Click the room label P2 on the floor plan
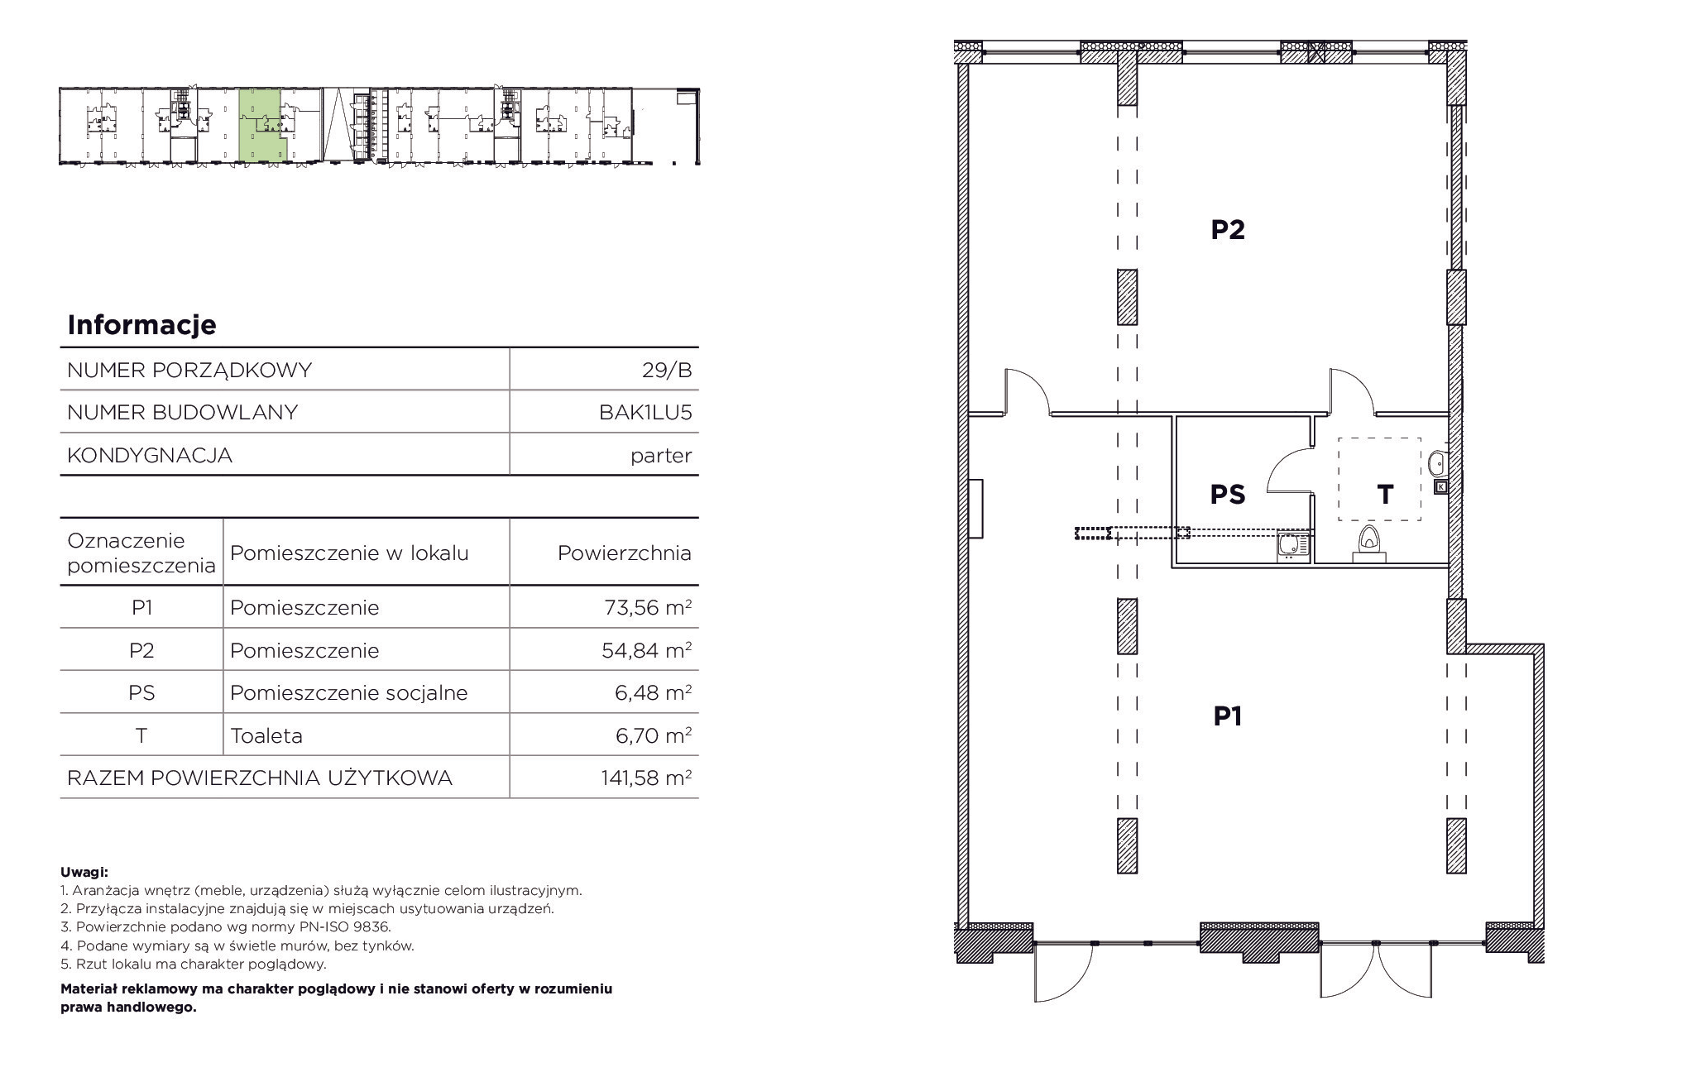(1228, 229)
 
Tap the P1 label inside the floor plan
(1228, 716)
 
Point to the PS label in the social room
(1228, 494)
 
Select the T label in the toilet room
(1385, 494)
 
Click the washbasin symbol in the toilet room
(1438, 462)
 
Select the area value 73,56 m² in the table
(647, 607)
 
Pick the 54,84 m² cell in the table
(647, 650)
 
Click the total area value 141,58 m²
(646, 778)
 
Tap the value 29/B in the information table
(667, 370)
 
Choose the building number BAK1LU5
(645, 412)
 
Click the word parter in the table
(661, 456)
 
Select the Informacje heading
(141, 324)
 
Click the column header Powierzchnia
(625, 553)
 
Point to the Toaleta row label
(266, 735)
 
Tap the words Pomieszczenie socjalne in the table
(349, 692)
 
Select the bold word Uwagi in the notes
(84, 872)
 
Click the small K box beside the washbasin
(1441, 487)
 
